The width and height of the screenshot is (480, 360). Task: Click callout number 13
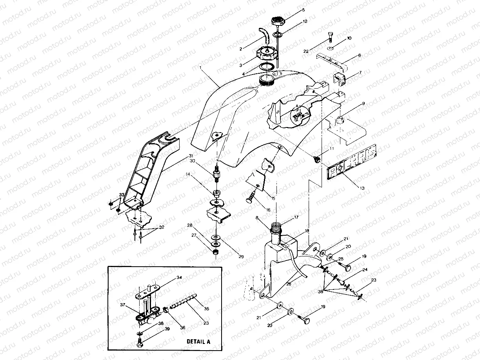tap(362, 188)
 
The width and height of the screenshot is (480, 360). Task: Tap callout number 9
tap(363, 104)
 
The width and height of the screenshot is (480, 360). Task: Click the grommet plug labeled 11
tap(317, 159)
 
